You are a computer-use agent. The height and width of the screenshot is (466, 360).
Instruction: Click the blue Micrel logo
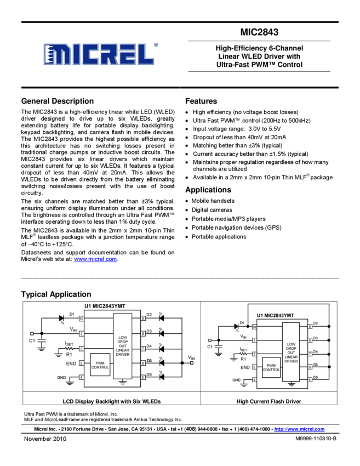pos(99,54)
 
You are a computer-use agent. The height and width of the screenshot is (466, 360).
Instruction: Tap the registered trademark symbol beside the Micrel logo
pos(156,46)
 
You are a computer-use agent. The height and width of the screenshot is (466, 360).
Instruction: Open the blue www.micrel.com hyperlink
pos(95,259)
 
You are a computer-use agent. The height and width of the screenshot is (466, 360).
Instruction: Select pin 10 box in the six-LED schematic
pos(81,318)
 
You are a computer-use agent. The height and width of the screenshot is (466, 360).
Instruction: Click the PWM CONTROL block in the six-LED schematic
pos(100,365)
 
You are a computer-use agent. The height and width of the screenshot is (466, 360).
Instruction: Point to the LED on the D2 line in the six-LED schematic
pos(162,318)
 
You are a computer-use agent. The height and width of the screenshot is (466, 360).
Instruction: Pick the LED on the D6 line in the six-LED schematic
pos(162,377)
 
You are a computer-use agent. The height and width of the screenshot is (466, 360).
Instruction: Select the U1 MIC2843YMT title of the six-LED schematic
pos(112,306)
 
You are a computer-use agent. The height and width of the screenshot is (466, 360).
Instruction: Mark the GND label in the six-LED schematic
pos(61,377)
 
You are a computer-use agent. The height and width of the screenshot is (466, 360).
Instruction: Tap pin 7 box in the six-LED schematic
pos(143,348)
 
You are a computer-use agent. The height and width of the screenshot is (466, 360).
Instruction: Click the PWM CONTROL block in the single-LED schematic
pos(271,367)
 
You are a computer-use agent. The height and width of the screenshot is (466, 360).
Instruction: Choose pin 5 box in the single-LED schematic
pos(310,379)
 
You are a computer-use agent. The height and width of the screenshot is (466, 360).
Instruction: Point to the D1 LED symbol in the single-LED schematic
pos(237,326)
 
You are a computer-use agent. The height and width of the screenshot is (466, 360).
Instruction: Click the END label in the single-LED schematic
pos(244,367)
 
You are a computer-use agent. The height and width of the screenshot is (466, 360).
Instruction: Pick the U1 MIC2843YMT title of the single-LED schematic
pos(275,315)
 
